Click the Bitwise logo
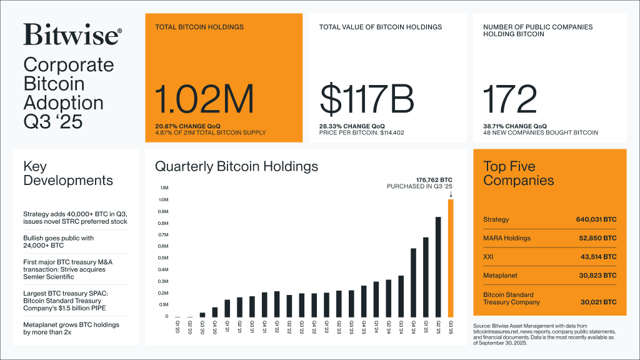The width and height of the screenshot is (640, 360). tap(72, 34)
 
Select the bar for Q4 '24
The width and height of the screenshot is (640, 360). tap(413, 282)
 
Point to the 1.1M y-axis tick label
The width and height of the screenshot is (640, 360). tap(164, 187)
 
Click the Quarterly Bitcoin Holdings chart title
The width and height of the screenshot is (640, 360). tap(236, 166)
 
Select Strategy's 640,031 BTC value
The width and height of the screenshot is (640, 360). tap(596, 220)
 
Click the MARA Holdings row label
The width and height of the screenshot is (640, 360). tap(507, 238)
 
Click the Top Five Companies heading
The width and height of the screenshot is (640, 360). tap(519, 173)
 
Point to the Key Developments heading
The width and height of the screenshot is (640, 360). tap(68, 173)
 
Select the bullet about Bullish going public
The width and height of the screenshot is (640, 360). tap(58, 242)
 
